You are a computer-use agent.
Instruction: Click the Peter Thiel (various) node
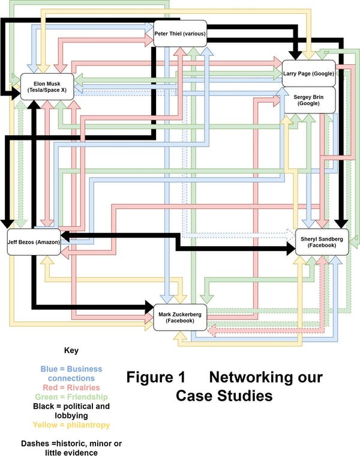(x=181, y=34)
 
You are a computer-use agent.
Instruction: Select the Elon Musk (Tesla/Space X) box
(x=46, y=86)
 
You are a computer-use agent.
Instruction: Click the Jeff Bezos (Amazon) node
(x=34, y=242)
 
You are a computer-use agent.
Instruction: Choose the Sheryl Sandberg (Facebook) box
(x=322, y=242)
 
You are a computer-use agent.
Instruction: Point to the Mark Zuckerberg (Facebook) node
(x=180, y=317)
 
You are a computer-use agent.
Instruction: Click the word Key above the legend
(x=71, y=351)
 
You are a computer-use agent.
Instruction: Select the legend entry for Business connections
(x=71, y=373)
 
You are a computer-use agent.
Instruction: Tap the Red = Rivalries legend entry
(x=71, y=388)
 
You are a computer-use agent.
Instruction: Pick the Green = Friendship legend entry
(x=71, y=397)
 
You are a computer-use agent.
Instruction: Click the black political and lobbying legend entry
(x=71, y=411)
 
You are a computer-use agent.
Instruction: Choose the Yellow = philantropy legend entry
(x=71, y=425)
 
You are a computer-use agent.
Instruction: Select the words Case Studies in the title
(x=224, y=397)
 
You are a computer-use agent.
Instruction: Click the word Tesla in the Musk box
(x=38, y=90)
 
